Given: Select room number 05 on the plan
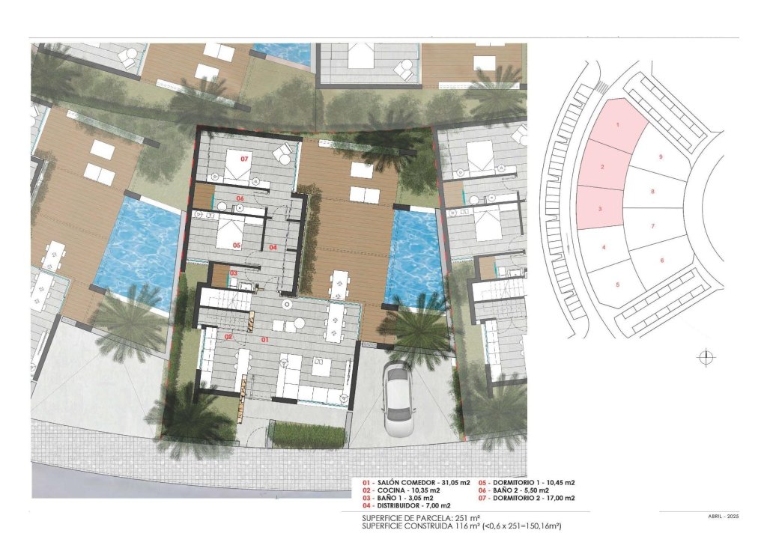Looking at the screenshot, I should click(236, 245).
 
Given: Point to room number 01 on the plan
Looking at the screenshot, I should click(264, 340).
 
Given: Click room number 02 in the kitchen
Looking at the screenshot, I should click(228, 337).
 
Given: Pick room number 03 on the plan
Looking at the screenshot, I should click(234, 273).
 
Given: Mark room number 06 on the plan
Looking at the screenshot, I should click(240, 198).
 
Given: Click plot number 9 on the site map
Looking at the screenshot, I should click(661, 157).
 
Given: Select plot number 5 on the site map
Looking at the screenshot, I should click(618, 284).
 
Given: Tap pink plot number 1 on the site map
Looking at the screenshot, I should click(617, 124).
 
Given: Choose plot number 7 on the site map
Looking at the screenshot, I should click(653, 226).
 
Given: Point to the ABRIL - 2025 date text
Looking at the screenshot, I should click(723, 516).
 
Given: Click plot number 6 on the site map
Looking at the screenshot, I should click(662, 261).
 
